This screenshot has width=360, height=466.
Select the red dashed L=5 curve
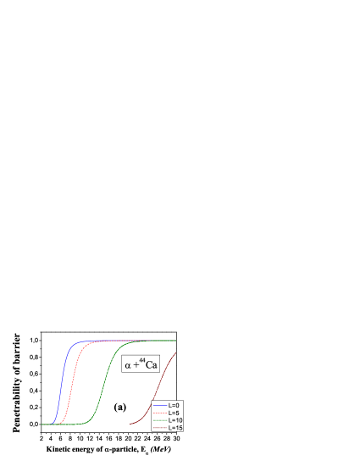coord(72,381)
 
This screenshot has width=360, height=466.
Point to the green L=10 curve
coord(106,381)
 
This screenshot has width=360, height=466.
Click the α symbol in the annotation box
coord(128,367)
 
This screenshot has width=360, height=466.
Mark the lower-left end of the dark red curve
coord(130,423)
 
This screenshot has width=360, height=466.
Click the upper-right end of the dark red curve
coord(176,351)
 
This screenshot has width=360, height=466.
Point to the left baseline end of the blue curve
coord(42,424)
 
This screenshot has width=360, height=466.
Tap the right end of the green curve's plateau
coord(175,341)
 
